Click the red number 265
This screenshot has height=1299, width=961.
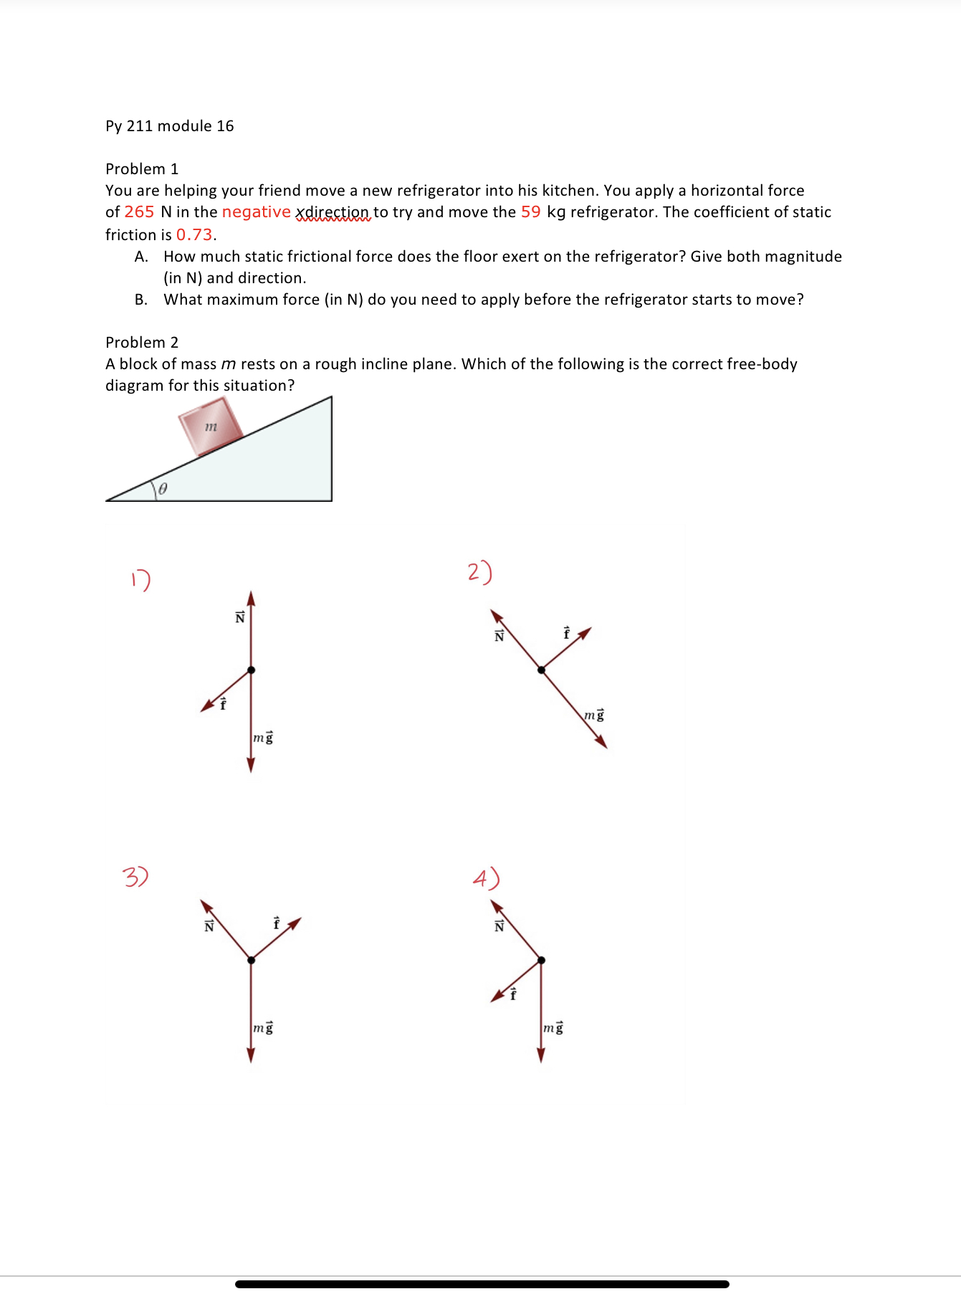click(x=139, y=212)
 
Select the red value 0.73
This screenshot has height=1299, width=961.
click(x=194, y=235)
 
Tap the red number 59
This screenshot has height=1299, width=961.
click(x=530, y=212)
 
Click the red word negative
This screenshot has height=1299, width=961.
click(x=256, y=212)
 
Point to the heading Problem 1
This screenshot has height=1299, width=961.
click(x=142, y=169)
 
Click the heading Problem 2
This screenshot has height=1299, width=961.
click(x=142, y=343)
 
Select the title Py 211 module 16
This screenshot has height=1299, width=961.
click(x=170, y=126)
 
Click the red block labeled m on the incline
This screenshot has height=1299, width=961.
click(x=211, y=427)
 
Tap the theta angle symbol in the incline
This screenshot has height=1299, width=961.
click(x=163, y=489)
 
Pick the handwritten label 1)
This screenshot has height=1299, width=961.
click(x=141, y=579)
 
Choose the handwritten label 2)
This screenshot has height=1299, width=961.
click(x=479, y=572)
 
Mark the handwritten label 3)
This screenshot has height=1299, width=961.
click(x=135, y=876)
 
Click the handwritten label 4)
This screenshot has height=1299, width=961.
click(x=486, y=878)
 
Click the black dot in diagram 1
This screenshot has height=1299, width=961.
click(x=251, y=670)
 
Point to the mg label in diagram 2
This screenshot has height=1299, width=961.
click(x=594, y=715)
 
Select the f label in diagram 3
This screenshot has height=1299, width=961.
click(x=277, y=923)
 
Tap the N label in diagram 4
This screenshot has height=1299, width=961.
click(x=499, y=926)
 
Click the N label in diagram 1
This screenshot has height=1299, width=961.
click(x=240, y=617)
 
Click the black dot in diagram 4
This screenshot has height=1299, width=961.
click(x=541, y=960)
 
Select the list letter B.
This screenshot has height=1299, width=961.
click(x=141, y=300)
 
